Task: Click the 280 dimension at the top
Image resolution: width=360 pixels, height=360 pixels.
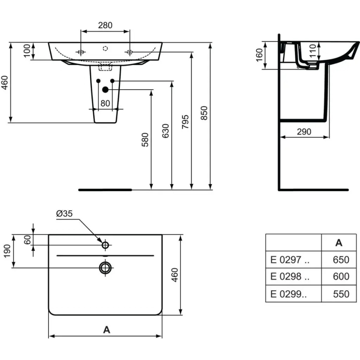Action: [105, 25]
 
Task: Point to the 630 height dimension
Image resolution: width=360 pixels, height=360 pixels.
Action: [165, 131]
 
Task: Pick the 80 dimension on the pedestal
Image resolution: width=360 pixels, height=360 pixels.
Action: [105, 103]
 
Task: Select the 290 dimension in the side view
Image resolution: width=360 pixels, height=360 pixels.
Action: [304, 131]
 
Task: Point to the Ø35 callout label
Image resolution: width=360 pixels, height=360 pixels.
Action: [64, 214]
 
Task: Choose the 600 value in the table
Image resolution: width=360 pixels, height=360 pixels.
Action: [341, 277]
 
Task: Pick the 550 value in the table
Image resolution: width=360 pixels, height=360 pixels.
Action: [341, 294]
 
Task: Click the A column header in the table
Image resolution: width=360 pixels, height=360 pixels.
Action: [339, 243]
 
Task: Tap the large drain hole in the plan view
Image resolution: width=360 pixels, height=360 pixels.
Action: [105, 268]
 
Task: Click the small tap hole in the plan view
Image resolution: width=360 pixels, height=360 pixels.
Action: [105, 245]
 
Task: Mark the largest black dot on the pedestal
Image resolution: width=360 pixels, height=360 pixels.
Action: [105, 89]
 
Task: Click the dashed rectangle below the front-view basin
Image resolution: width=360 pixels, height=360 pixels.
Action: [105, 67]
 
